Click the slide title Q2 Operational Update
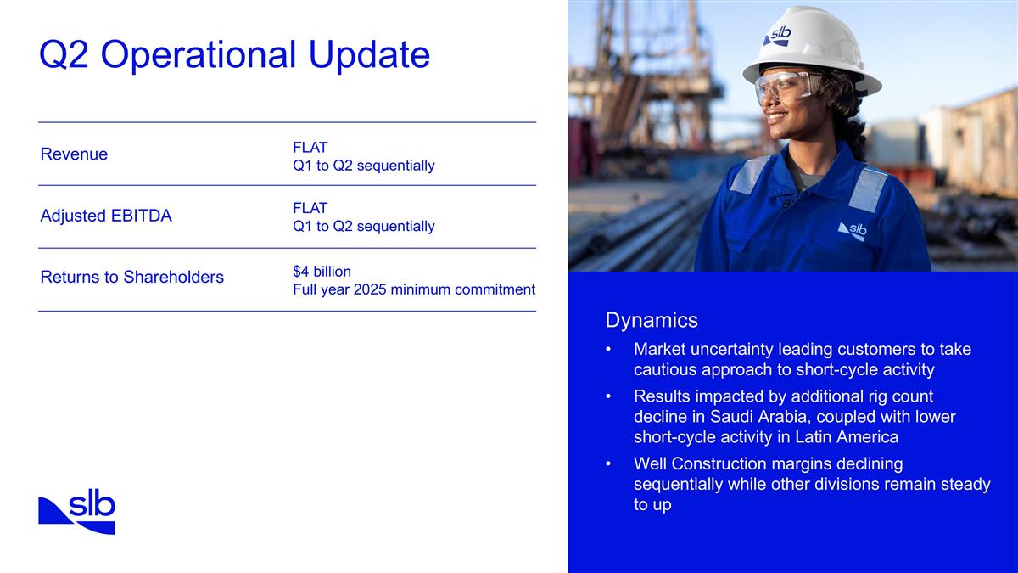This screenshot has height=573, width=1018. (234, 56)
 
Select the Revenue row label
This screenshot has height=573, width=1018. (74, 154)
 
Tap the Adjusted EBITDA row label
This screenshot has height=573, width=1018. (106, 216)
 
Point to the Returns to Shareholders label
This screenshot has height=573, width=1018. (131, 277)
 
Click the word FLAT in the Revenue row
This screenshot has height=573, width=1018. (310, 147)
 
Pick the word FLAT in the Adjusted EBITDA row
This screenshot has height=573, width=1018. (310, 208)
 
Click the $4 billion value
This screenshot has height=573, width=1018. (322, 271)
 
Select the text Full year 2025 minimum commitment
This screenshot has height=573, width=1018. (413, 289)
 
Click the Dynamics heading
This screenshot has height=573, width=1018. (652, 320)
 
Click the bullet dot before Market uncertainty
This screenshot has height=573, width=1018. (607, 350)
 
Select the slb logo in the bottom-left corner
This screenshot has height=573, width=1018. (76, 513)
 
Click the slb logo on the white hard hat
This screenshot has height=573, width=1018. (777, 36)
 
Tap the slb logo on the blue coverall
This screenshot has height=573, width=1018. (853, 231)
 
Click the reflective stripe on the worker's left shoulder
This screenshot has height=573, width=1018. (867, 188)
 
